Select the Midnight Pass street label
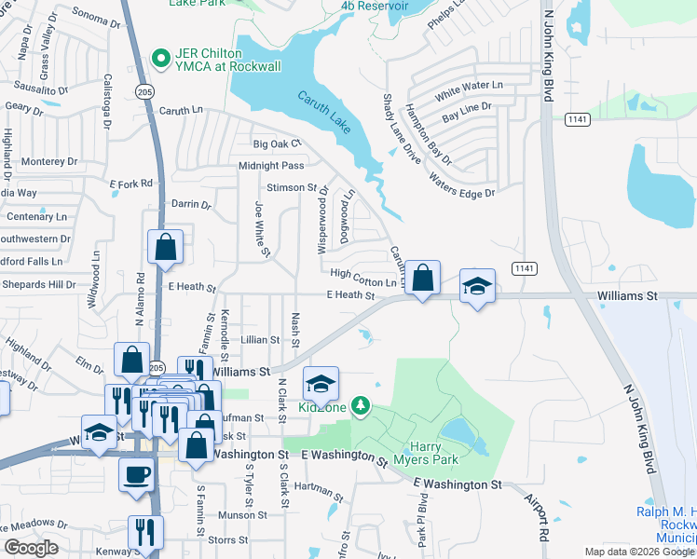click(x=271, y=166)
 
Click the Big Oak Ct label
click(x=279, y=144)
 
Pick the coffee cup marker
click(x=136, y=473)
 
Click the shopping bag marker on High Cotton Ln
click(x=423, y=278)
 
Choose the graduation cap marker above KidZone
click(x=320, y=383)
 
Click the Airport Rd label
click(x=534, y=518)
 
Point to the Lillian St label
click(x=260, y=341)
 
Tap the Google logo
click(x=31, y=548)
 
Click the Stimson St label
click(x=293, y=188)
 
